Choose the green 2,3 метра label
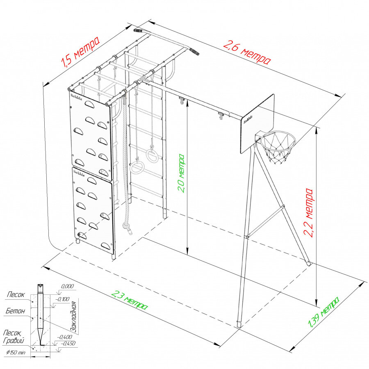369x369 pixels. click(x=130, y=300)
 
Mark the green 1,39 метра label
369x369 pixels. click(x=324, y=312)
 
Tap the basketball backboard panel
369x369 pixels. click(x=257, y=123)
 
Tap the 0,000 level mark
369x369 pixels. click(x=67, y=286)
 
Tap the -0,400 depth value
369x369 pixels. click(x=65, y=337)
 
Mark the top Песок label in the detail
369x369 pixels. click(x=16, y=294)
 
